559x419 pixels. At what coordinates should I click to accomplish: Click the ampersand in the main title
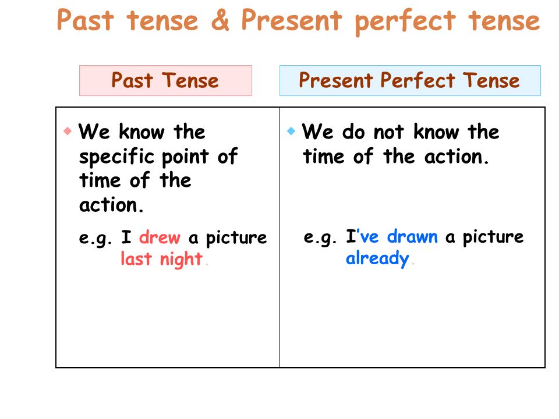[220, 20]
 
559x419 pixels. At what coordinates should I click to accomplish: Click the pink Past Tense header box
[165, 80]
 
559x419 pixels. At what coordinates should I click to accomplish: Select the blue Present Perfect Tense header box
[410, 80]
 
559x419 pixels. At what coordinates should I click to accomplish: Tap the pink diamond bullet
[68, 131]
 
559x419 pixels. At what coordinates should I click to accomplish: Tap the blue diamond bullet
[291, 131]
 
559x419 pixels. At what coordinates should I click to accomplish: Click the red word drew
[160, 237]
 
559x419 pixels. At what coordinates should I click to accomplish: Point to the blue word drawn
[412, 237]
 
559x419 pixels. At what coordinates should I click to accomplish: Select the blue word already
[377, 258]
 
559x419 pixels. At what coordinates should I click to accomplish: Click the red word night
[181, 260]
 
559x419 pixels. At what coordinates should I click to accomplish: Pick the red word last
[136, 258]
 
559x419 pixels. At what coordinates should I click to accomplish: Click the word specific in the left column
[116, 157]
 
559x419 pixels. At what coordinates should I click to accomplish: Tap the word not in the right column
[388, 132]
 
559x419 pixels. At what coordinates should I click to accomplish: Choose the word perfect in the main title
[405, 22]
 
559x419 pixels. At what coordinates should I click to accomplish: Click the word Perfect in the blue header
[418, 80]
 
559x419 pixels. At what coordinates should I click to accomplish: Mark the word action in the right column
[453, 157]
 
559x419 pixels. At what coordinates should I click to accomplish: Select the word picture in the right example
[493, 237]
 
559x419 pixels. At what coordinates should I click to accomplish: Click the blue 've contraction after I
[367, 236]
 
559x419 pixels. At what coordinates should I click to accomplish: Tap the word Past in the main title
[85, 20]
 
